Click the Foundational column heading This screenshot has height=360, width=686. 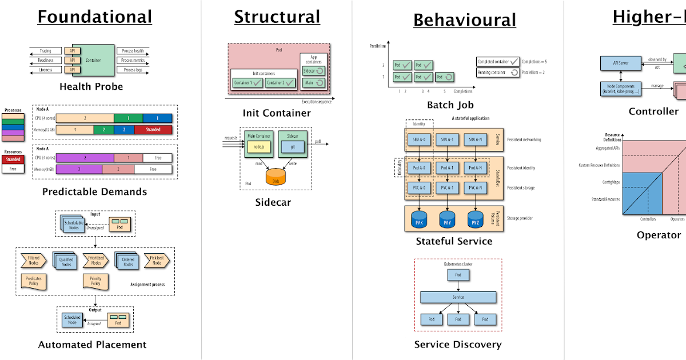point(95,17)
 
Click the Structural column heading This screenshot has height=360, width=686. point(277,17)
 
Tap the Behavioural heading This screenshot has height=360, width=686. point(464,20)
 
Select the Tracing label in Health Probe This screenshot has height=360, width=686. point(45,51)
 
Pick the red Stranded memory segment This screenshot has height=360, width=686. point(153,130)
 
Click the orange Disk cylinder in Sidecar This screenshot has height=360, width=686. point(277,177)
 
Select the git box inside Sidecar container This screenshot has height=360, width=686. point(293,147)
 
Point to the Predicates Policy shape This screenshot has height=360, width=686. point(33,281)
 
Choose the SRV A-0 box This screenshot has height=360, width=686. point(420,139)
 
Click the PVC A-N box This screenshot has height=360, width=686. point(476,187)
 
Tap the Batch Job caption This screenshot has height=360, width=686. point(450,105)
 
